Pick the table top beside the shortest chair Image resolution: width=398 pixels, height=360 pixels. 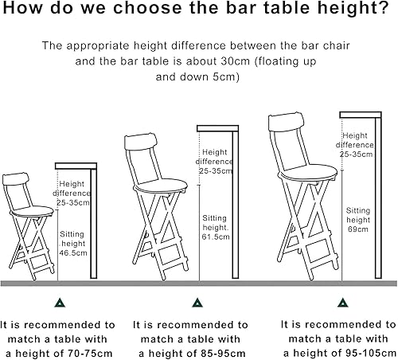tap(76, 166)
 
